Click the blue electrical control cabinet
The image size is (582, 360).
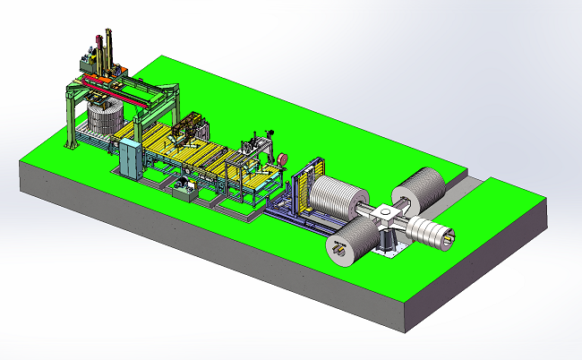pyautogui.click(x=131, y=159)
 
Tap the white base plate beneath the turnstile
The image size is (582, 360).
pyautogui.click(x=387, y=253)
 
